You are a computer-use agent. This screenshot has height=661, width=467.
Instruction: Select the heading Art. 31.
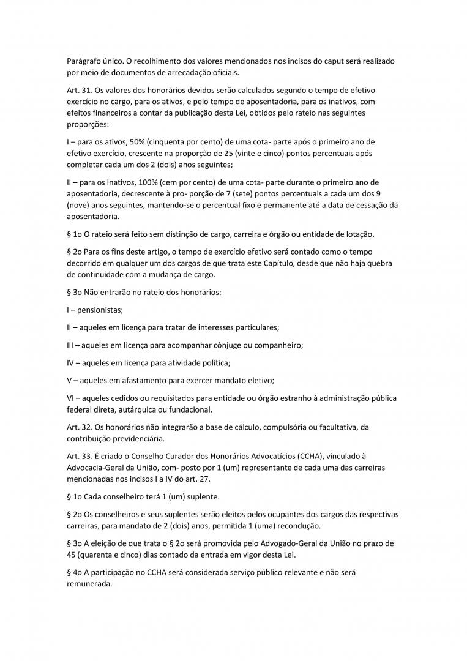(78, 90)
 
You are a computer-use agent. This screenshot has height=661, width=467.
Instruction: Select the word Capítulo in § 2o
(278, 263)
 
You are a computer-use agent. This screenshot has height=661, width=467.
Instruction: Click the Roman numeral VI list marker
(71, 398)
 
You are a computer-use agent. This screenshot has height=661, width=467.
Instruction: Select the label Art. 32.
(78, 427)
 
